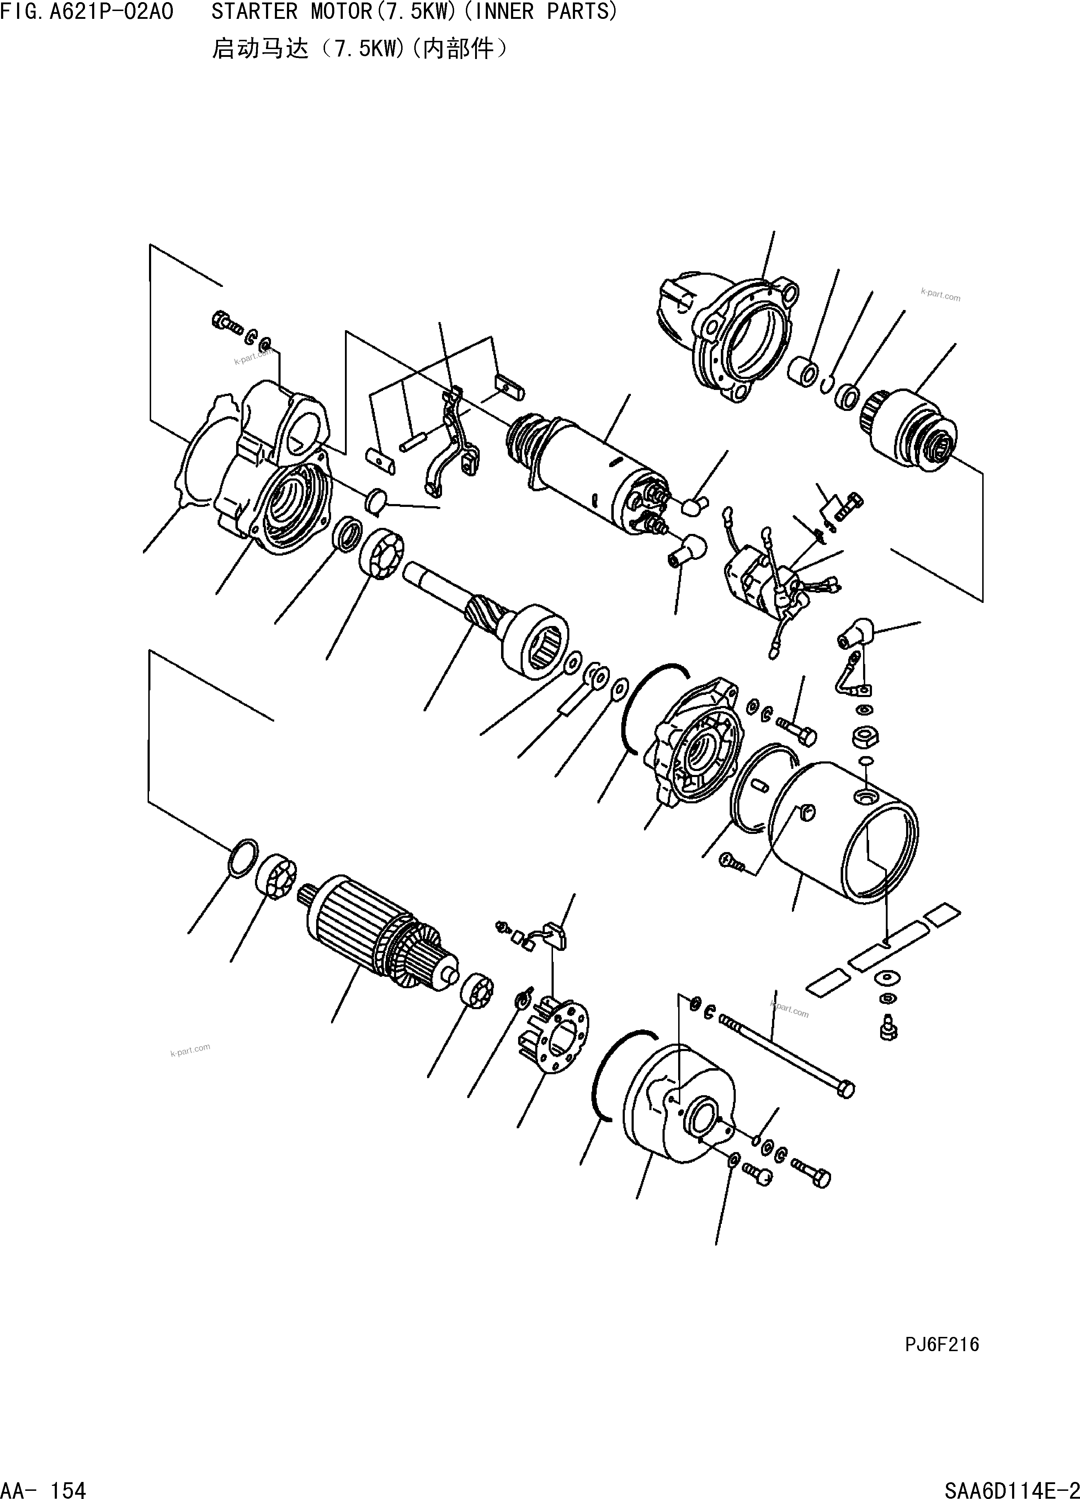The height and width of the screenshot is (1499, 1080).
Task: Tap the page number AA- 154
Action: (x=44, y=1488)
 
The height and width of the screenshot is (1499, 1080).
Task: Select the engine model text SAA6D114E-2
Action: (x=1011, y=1488)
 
